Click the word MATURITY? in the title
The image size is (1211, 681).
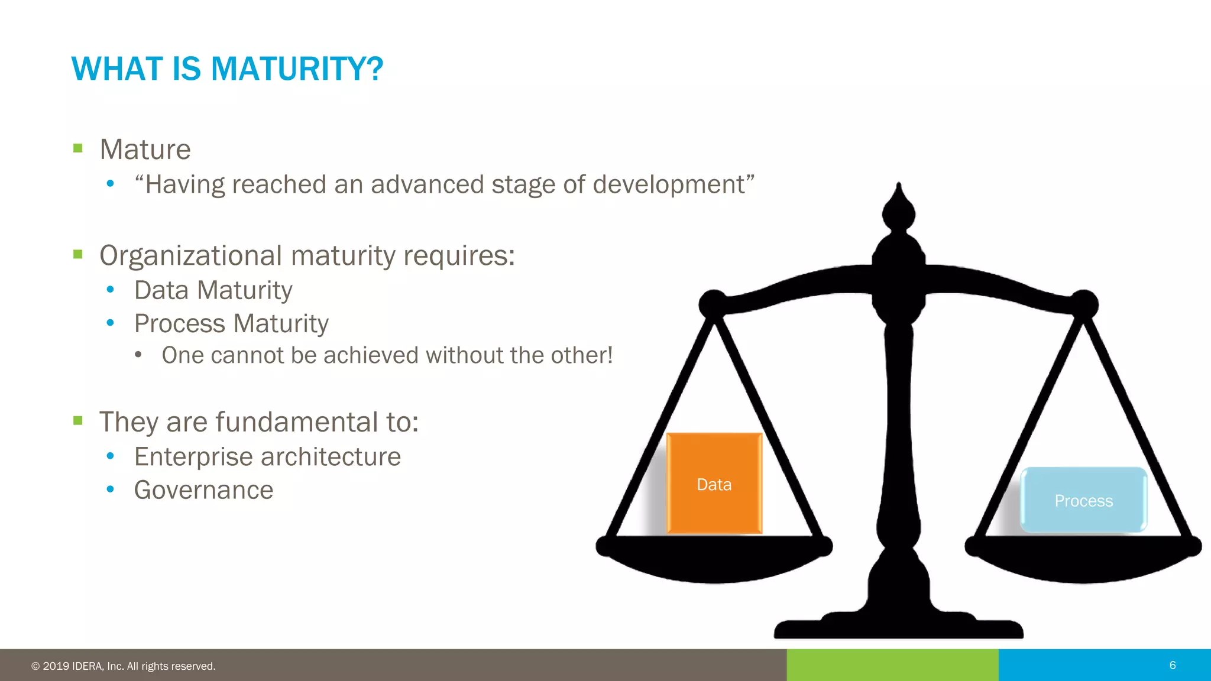pyautogui.click(x=297, y=69)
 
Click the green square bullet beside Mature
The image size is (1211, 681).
pyautogui.click(x=78, y=148)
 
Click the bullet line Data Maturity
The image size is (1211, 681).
pyautogui.click(x=213, y=290)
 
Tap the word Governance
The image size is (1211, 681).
pyautogui.click(x=203, y=490)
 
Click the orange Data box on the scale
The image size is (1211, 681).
pyautogui.click(x=714, y=484)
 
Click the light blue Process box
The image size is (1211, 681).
pyautogui.click(x=1083, y=500)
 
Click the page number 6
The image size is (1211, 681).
pyautogui.click(x=1173, y=665)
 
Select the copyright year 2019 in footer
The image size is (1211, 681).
pyautogui.click(x=56, y=666)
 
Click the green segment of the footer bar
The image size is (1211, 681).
pyautogui.click(x=892, y=665)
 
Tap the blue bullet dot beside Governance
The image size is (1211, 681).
pyautogui.click(x=110, y=489)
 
